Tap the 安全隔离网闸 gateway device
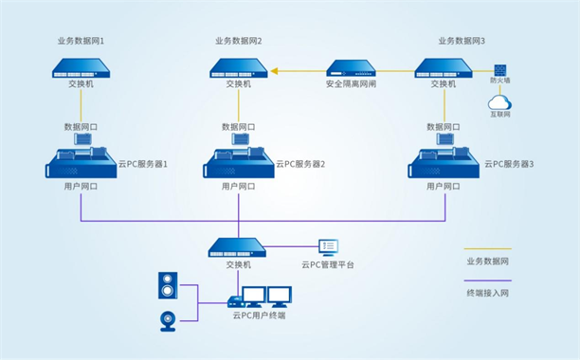tap(353, 68)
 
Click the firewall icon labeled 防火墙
tap(498, 72)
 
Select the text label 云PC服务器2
tap(300, 164)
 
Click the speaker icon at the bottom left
tap(168, 284)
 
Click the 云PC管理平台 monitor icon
tap(328, 247)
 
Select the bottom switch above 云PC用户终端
tap(239, 247)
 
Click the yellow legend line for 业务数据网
tap(487, 248)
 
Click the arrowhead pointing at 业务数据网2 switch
tap(274, 69)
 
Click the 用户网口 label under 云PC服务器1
tap(81, 187)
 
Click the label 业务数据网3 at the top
tap(462, 42)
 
